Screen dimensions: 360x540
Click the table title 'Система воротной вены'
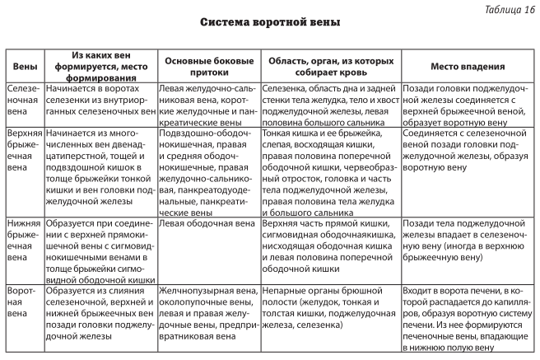270,22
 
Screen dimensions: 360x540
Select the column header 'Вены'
22,66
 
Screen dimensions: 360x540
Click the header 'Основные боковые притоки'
208,66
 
